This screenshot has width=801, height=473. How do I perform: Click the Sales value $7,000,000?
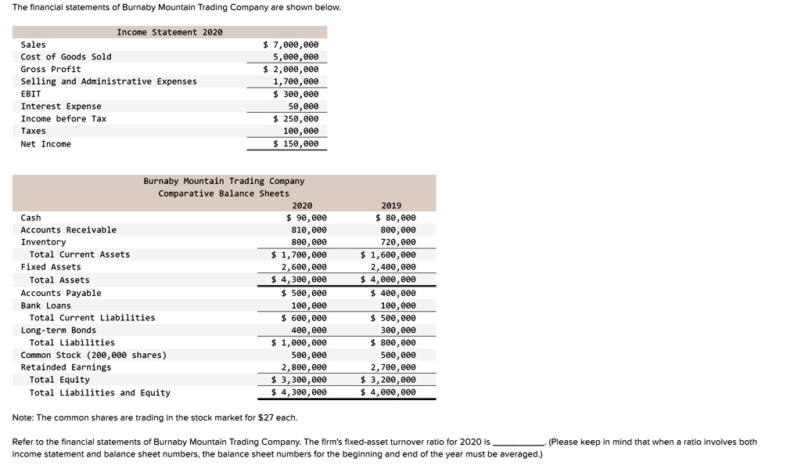[291, 45]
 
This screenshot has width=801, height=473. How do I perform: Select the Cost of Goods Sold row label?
[66, 56]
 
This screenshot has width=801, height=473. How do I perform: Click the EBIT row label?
[31, 93]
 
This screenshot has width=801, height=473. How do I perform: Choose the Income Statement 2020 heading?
[169, 32]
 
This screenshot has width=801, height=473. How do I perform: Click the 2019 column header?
[391, 205]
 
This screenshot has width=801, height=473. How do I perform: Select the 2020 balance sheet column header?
[302, 205]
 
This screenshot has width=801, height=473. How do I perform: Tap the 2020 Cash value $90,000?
[307, 218]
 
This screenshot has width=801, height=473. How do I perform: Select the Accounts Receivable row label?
[68, 229]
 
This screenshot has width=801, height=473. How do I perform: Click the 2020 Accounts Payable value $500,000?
[304, 293]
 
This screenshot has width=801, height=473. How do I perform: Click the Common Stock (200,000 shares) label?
[93, 355]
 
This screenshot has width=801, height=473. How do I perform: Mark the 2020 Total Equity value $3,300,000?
[299, 380]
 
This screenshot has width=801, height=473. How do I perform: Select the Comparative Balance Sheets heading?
[224, 193]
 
